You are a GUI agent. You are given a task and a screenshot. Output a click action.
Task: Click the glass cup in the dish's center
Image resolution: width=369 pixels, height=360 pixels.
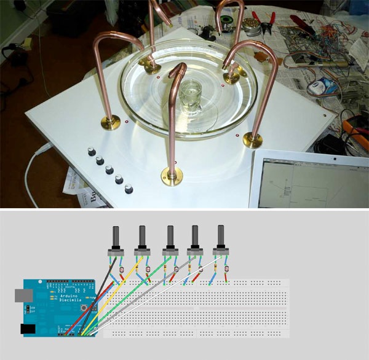coord(194,98)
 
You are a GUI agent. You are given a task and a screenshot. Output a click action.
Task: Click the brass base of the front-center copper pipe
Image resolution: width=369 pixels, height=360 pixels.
coord(172,178)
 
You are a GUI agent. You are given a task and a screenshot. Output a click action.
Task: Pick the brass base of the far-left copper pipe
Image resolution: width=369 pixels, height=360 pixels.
coord(111,123)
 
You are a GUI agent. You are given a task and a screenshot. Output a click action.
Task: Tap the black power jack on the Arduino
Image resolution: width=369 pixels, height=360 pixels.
coord(28,329)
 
